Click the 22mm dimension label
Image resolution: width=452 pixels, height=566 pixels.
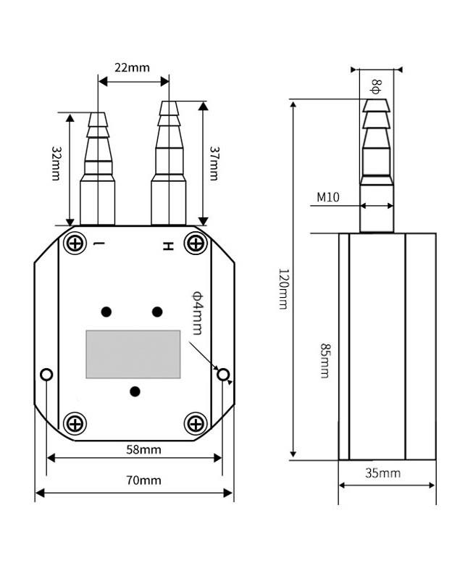[132, 67]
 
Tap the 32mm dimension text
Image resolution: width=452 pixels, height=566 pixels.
[55, 162]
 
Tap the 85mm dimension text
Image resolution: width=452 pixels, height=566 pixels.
[323, 360]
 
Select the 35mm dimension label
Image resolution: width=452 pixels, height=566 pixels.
[382, 474]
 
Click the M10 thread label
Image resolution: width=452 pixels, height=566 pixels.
[328, 196]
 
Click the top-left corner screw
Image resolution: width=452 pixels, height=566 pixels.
[75, 243]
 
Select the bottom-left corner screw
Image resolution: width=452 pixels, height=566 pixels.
[75, 423]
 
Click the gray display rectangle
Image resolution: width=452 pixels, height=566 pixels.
[133, 354]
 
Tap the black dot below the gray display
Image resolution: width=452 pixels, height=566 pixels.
[134, 391]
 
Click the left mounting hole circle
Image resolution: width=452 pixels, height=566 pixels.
[47, 375]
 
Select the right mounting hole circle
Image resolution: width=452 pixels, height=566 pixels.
[223, 375]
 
